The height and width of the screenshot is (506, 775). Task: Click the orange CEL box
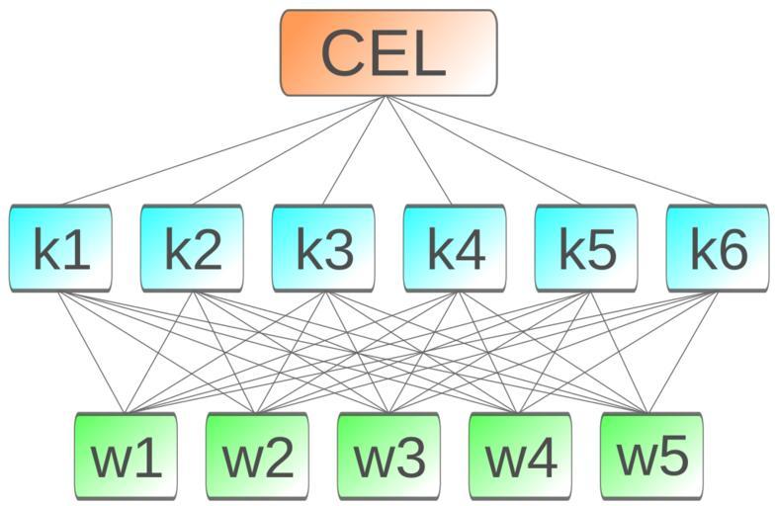pyautogui.click(x=388, y=53)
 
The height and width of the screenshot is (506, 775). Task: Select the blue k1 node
pyautogui.click(x=60, y=248)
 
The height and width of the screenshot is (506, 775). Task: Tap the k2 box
pyautogui.click(x=192, y=248)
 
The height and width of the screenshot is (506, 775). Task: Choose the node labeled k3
pyautogui.click(x=323, y=248)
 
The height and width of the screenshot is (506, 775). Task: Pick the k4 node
pyautogui.click(x=455, y=248)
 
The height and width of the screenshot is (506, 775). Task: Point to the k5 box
pyautogui.click(x=586, y=248)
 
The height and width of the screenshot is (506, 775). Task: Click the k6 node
pyautogui.click(x=718, y=248)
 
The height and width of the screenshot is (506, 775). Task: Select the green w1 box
pyautogui.click(x=126, y=457)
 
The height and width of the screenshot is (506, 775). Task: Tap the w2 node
pyautogui.click(x=257, y=457)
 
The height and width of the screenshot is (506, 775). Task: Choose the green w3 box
pyautogui.click(x=388, y=457)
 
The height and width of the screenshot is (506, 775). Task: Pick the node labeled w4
pyautogui.click(x=520, y=457)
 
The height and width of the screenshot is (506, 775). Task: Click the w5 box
pyautogui.click(x=651, y=457)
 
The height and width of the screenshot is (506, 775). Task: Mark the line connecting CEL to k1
pyautogui.click(x=224, y=150)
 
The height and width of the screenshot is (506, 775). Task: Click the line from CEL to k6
pyautogui.click(x=553, y=150)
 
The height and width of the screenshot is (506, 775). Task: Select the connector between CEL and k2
pyautogui.click(x=290, y=150)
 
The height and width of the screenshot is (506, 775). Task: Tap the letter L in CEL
pyautogui.click(x=425, y=53)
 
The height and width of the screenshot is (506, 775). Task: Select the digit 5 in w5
pyautogui.click(x=667, y=457)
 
